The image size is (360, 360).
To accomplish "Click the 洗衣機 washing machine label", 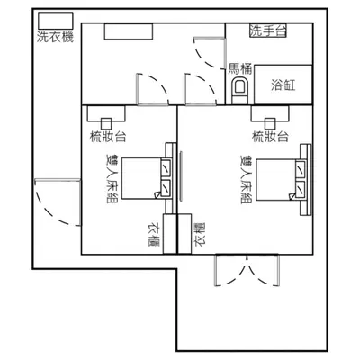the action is (56, 37).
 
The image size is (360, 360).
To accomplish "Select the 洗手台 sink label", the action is (268, 31).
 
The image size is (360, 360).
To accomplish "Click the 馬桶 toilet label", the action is (240, 69).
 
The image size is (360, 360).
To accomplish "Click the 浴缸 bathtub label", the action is (283, 85).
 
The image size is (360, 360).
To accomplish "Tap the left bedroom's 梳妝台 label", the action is (108, 137).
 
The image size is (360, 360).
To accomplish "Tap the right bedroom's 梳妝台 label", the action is (271, 137).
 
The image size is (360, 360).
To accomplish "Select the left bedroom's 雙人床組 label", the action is (112, 179).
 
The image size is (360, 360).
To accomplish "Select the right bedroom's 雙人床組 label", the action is (247, 179).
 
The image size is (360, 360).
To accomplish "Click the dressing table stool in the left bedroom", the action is (106, 123).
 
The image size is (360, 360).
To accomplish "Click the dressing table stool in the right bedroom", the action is (270, 123).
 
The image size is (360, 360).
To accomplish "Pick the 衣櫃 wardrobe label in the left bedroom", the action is (154, 234).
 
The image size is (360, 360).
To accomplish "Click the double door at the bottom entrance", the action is (247, 270).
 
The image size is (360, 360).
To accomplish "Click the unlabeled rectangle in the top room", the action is (129, 31).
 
